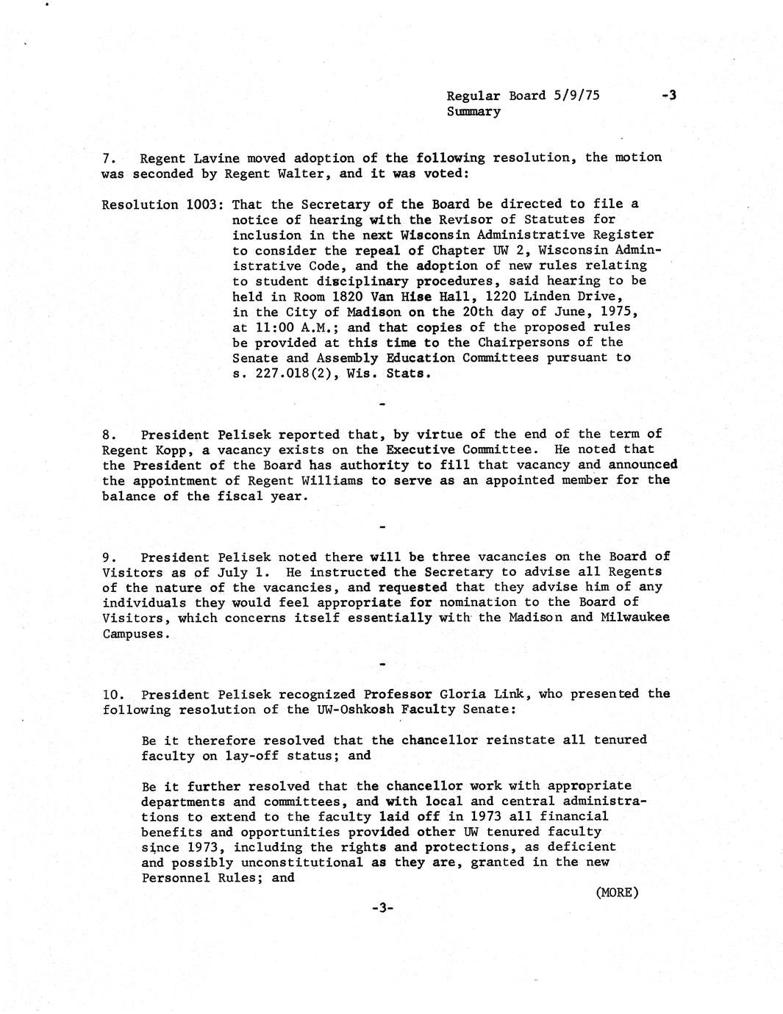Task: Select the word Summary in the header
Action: click(x=473, y=112)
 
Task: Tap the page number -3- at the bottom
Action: click(x=383, y=908)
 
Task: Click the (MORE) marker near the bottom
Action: click(x=616, y=893)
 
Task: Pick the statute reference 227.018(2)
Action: click(x=297, y=374)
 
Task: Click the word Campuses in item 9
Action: click(x=133, y=634)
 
